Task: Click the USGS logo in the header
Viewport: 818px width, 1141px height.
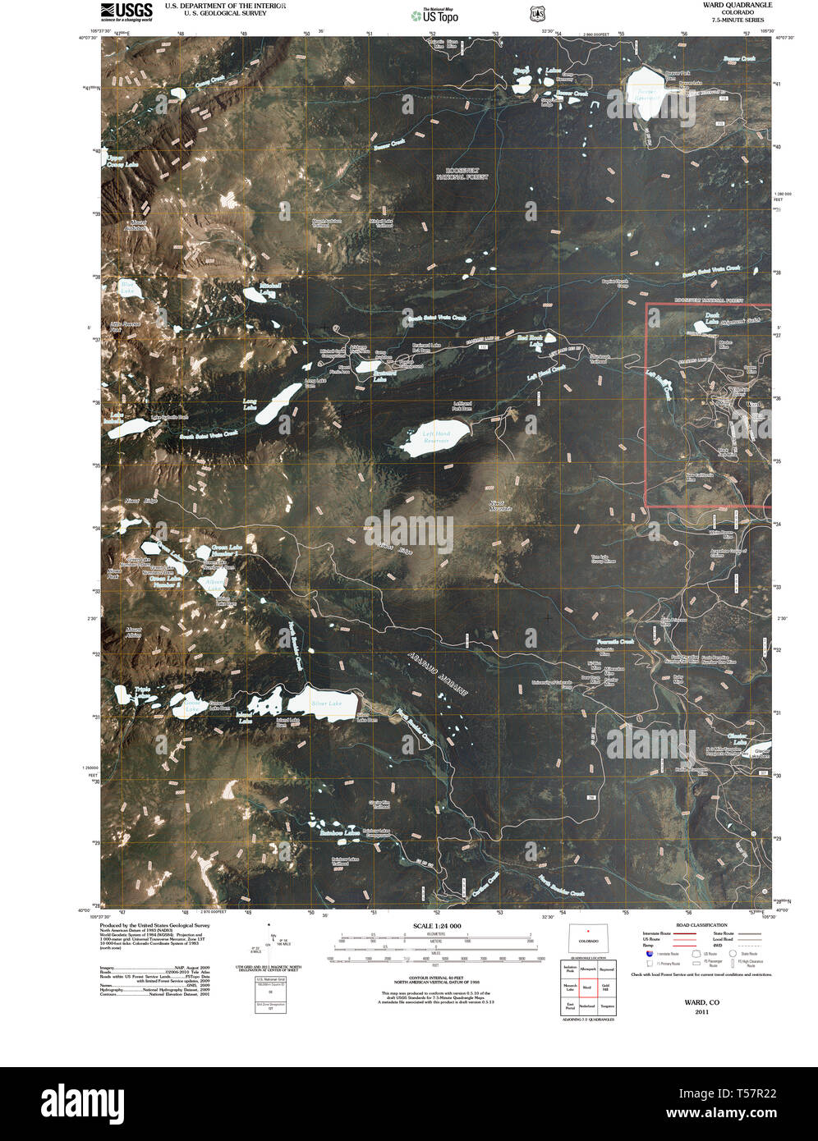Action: click(x=126, y=10)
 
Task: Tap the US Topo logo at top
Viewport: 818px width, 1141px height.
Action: click(x=435, y=14)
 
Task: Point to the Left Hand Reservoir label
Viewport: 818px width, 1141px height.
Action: click(x=436, y=437)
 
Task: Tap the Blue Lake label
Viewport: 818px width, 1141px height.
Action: click(x=127, y=288)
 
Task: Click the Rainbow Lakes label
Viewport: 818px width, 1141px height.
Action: click(x=340, y=833)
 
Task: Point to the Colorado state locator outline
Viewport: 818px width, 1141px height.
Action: click(x=588, y=937)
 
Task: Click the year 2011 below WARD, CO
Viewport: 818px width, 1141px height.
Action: click(x=701, y=1012)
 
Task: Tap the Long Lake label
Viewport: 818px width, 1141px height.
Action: click(x=250, y=403)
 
